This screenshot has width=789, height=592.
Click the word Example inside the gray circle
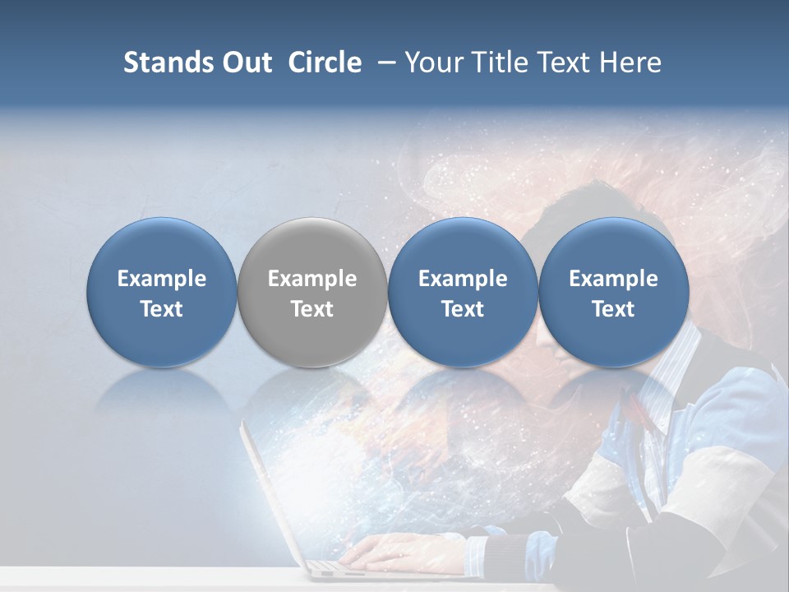[312, 279]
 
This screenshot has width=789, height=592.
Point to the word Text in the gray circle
[312, 309]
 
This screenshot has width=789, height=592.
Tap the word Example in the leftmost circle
[162, 279]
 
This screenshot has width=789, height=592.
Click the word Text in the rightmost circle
[613, 309]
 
